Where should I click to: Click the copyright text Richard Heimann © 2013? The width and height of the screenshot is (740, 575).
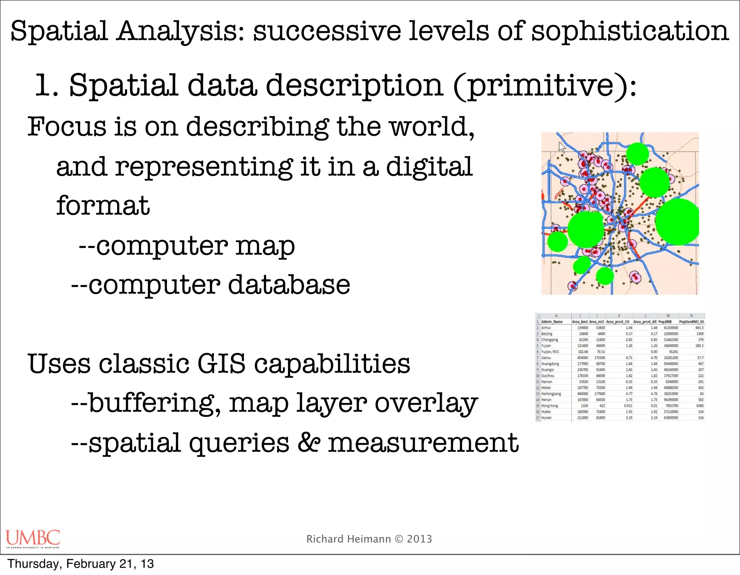(369, 539)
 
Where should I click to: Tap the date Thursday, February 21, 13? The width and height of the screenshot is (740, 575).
(81, 564)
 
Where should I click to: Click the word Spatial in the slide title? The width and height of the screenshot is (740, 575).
(59, 31)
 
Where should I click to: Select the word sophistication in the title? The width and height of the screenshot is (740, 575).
(630, 32)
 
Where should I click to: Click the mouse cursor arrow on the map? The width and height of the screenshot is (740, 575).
(562, 147)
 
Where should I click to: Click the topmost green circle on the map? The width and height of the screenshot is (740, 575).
(637, 154)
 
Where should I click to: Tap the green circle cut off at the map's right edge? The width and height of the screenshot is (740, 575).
(677, 222)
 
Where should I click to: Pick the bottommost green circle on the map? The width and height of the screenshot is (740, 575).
(605, 276)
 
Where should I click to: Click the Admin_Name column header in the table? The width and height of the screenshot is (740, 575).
(552, 322)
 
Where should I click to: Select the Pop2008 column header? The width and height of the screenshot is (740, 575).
(665, 322)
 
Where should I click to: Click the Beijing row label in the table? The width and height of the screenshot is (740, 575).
(547, 334)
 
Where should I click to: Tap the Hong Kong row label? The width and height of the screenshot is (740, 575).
(550, 406)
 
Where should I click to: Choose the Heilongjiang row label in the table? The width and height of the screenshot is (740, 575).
(551, 394)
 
